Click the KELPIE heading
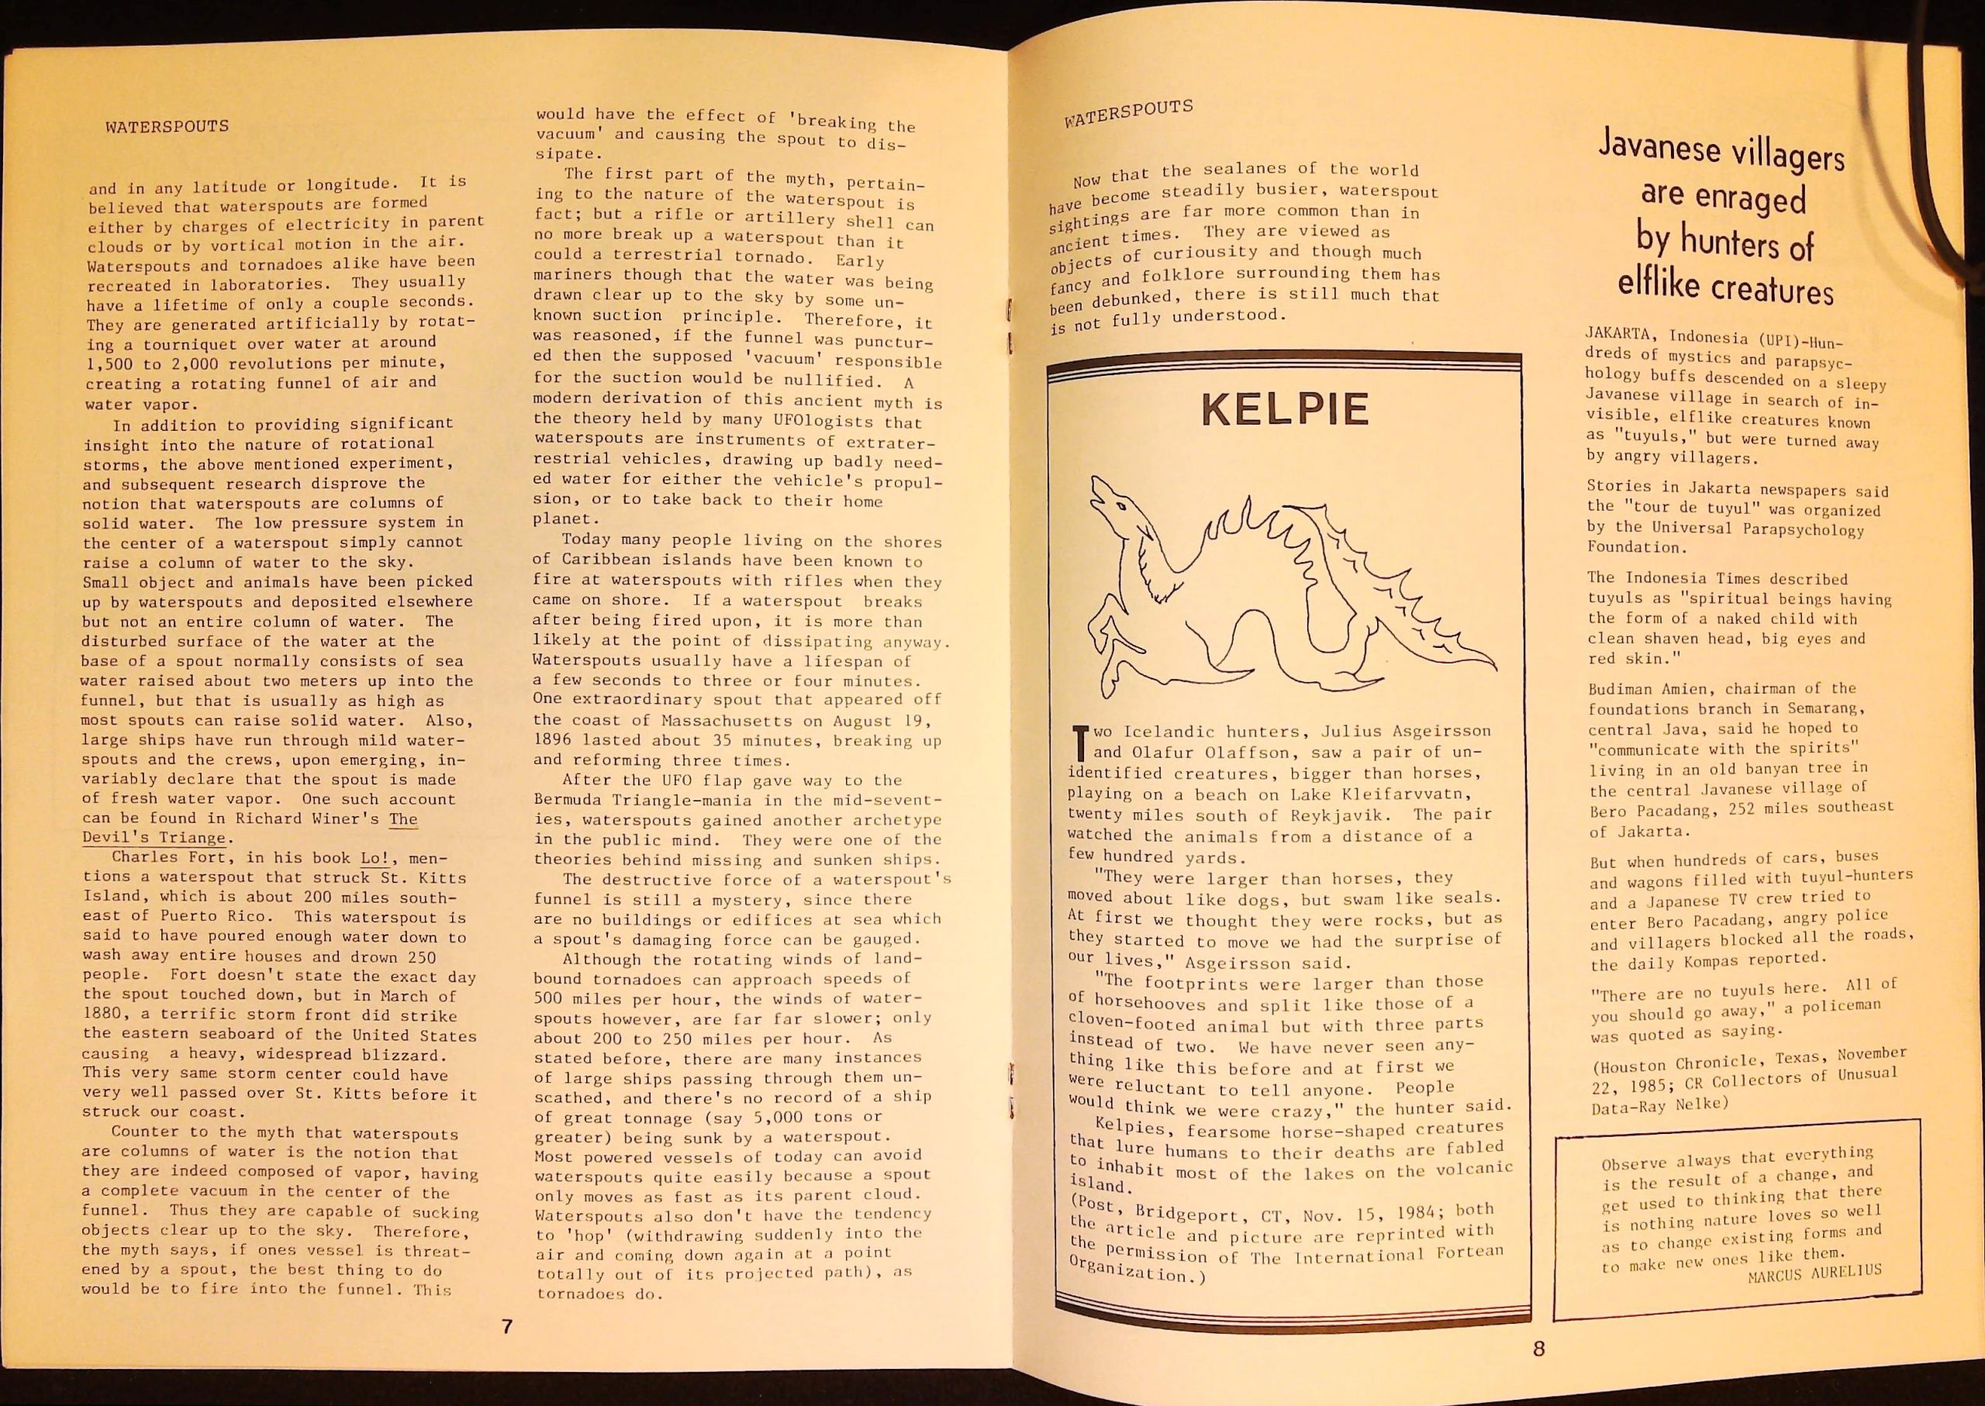(1286, 410)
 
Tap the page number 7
(508, 1325)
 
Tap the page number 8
(1539, 1348)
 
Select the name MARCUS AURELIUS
(1814, 1273)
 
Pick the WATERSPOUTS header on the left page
(167, 126)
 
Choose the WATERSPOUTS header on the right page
(1128, 113)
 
